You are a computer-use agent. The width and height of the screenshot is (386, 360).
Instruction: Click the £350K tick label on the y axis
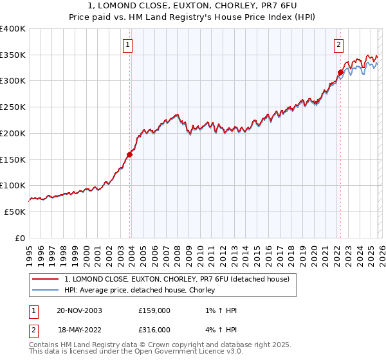[12, 55]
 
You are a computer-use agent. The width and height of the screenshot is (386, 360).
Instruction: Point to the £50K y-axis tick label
[14, 212]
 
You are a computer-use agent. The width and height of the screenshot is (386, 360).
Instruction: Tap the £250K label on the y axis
[12, 107]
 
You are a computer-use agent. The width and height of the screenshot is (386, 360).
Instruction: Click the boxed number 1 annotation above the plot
[129, 45]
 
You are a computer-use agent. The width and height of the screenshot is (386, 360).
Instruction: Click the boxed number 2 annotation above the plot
[338, 45]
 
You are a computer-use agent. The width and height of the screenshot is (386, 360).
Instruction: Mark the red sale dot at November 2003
[130, 154]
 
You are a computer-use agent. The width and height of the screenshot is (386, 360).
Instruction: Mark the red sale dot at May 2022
[340, 72]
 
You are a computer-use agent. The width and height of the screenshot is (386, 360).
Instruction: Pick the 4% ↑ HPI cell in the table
[219, 329]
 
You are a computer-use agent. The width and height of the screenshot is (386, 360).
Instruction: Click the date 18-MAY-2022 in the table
[78, 329]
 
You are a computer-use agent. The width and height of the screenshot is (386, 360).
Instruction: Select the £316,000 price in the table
[154, 329]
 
